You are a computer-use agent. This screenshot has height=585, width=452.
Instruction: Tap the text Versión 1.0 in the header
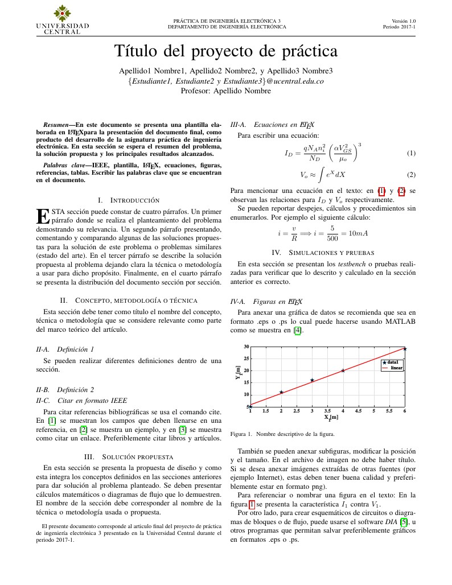pos(404,20)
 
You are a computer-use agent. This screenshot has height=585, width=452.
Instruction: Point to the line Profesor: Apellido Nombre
pos(225,90)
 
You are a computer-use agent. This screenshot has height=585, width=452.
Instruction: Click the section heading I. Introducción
pos(129,200)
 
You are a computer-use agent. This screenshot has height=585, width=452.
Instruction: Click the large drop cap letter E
pos(43,216)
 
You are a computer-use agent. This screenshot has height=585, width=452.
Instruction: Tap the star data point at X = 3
pos(312,380)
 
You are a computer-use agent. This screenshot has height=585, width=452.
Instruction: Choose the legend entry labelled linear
pos(396,368)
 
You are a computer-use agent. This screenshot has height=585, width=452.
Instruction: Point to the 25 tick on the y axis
pos(246,359)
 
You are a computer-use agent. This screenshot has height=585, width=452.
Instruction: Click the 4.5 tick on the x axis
pos(358,410)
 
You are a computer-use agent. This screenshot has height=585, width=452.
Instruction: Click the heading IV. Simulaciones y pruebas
pos(323,252)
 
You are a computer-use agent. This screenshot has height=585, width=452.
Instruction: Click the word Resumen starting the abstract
pos(56,123)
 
